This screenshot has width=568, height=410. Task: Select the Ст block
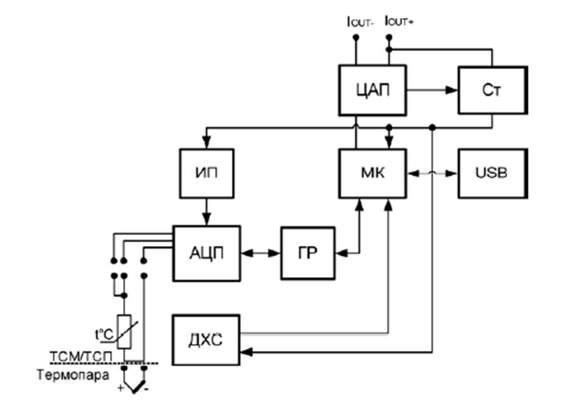coord(490,90)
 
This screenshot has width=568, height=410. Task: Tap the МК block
coord(372,172)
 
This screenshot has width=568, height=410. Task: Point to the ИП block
coord(206,172)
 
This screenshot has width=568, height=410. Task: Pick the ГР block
coord(307,253)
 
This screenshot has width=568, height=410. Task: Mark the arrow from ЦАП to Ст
coord(433,90)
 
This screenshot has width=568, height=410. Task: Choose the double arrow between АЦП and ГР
coord(261,253)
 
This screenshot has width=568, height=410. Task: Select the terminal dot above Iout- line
coord(355,38)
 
